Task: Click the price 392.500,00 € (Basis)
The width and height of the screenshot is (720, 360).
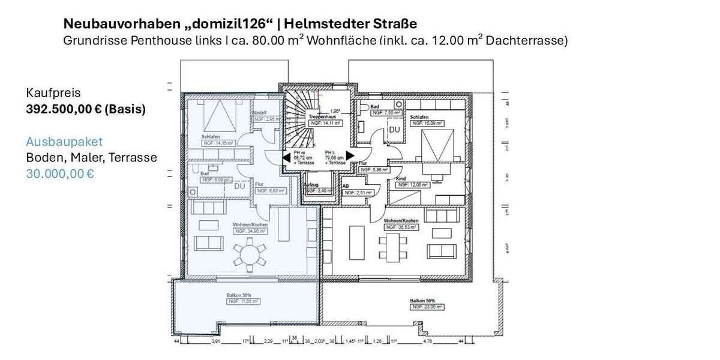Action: (86, 110)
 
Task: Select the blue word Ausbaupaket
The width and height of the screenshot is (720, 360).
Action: (64, 142)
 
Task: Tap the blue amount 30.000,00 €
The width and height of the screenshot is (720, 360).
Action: (60, 174)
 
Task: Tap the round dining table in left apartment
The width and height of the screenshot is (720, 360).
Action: (248, 256)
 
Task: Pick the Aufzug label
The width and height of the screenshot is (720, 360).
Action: (311, 185)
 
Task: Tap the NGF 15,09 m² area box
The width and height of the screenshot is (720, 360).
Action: (427, 123)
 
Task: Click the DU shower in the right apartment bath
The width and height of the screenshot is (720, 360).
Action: (394, 130)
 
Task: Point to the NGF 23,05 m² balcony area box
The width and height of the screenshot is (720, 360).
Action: (427, 307)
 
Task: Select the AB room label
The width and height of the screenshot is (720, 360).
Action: (346, 185)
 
